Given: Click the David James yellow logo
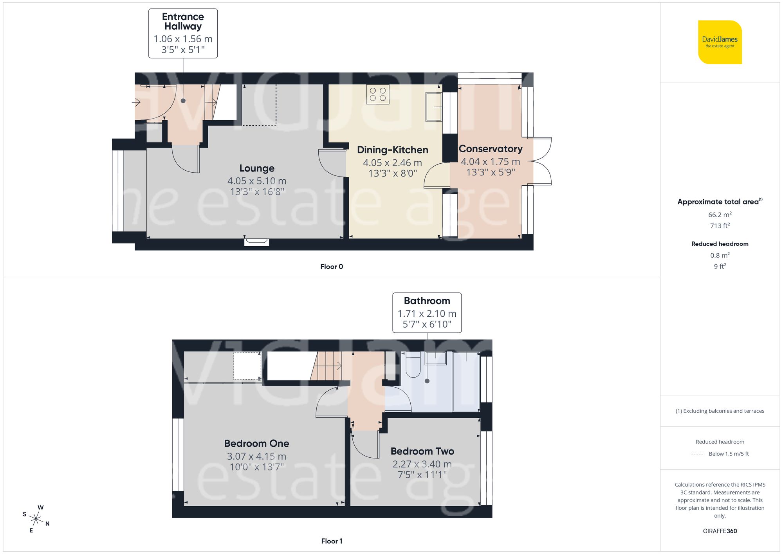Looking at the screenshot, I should [x=720, y=42].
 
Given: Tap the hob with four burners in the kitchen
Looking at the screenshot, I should [x=378, y=94].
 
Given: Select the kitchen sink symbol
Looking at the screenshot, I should [x=433, y=106].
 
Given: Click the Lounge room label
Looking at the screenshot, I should [x=257, y=168].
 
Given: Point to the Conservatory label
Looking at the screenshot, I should [x=490, y=149].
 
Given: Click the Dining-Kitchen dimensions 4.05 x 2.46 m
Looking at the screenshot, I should [x=392, y=162].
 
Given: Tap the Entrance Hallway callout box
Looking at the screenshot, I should [x=183, y=33].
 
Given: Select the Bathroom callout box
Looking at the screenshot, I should [x=427, y=312].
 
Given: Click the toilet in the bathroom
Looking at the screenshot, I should [x=413, y=365].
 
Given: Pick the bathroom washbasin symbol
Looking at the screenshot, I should [x=436, y=358].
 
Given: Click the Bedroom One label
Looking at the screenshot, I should [x=256, y=444].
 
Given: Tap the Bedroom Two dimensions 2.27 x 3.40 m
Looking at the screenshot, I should [x=422, y=464].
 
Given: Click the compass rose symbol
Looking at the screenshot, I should [x=36, y=519].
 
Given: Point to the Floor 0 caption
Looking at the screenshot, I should [x=331, y=267].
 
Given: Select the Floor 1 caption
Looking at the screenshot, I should [x=331, y=541].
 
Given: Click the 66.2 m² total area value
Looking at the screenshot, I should [x=720, y=215].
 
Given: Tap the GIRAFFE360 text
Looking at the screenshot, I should [x=720, y=531].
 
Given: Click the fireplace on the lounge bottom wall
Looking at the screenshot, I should [x=256, y=242].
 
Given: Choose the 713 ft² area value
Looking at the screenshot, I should [x=720, y=226].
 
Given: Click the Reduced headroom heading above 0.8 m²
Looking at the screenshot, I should [x=720, y=244].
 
